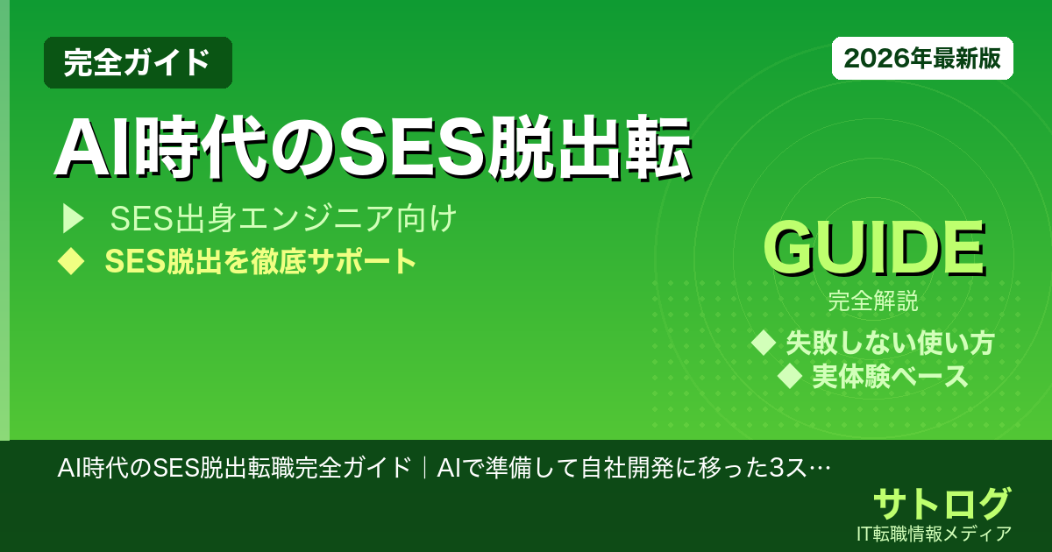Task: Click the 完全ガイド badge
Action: point(138,62)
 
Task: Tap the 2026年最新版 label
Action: point(922,59)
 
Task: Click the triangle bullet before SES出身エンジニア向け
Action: point(72,219)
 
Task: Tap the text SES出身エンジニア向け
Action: point(282,219)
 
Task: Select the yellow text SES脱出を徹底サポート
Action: point(260,261)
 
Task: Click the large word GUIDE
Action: point(873,250)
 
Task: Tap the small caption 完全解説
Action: point(873,303)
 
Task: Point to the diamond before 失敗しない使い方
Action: point(764,342)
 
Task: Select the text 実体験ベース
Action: point(890,376)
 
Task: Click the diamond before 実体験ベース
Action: point(791,376)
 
